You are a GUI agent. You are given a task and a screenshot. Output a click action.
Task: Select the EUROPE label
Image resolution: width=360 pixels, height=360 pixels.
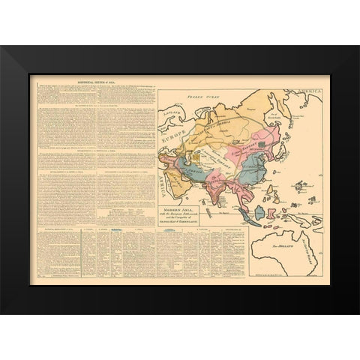(172, 137)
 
